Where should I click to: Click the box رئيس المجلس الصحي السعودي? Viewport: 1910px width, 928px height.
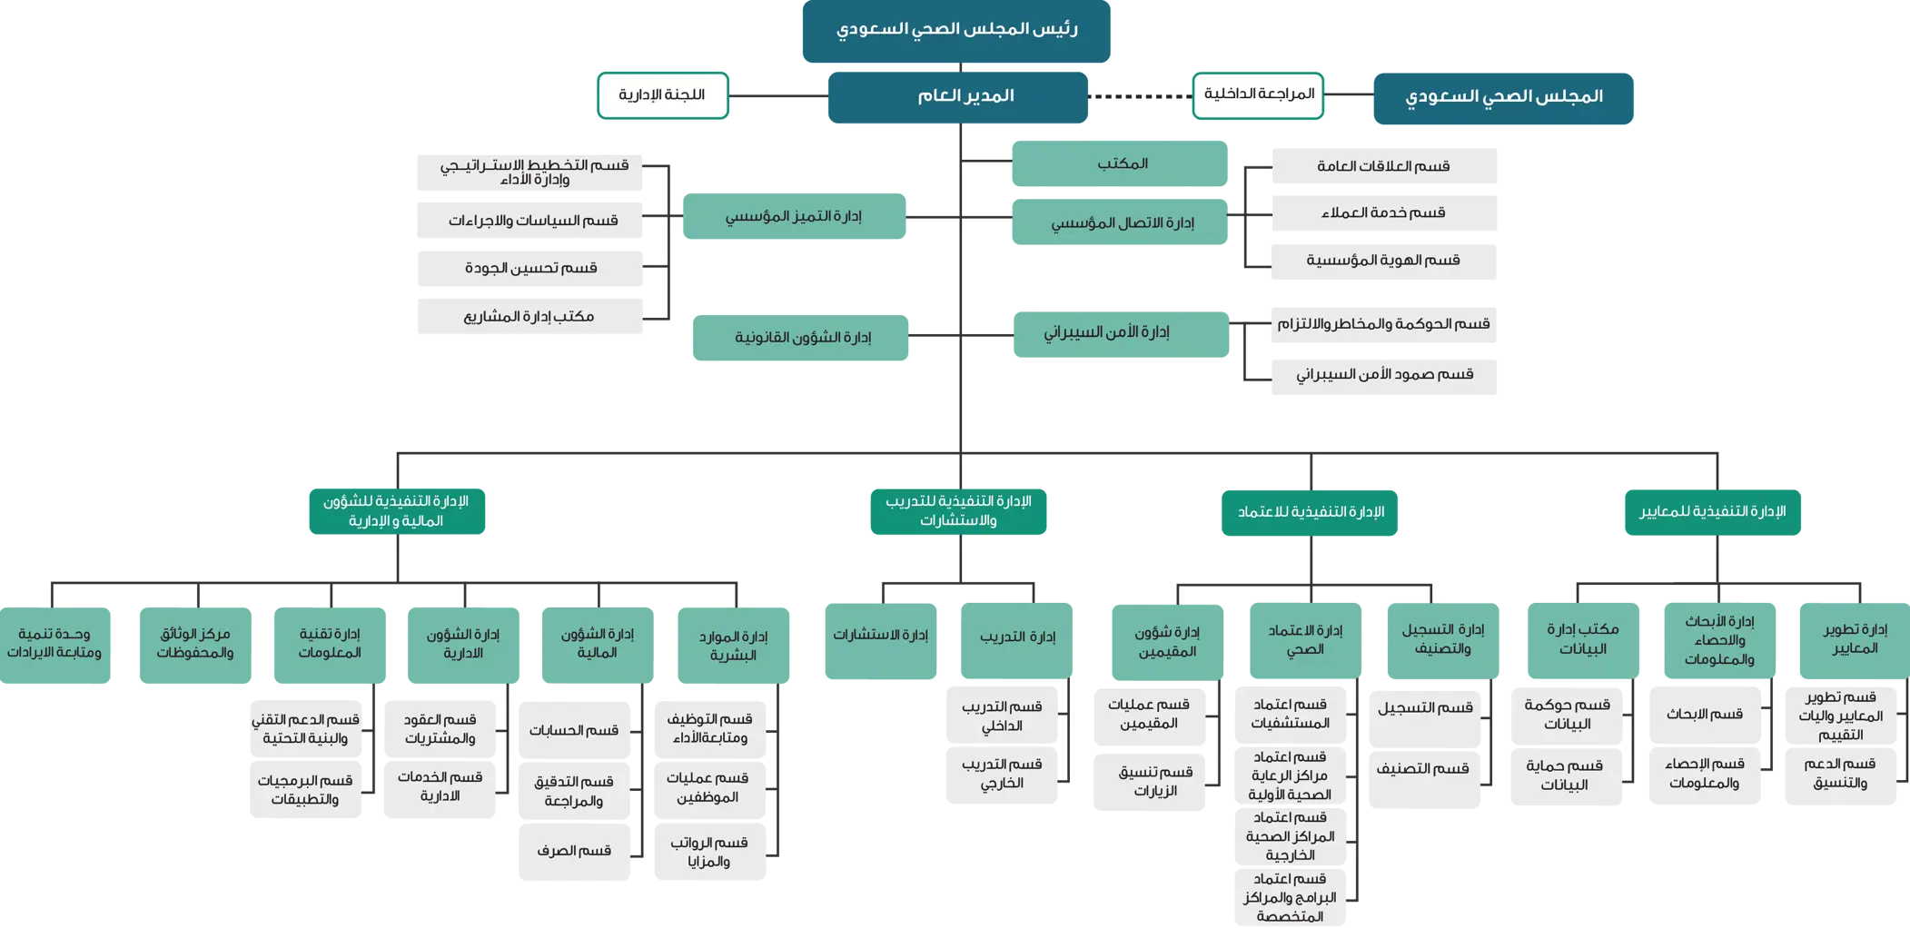click(955, 31)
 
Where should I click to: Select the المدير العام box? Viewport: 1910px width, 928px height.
click(957, 96)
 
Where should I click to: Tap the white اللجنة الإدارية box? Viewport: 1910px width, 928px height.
click(662, 95)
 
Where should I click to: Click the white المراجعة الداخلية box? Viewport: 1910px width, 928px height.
click(1258, 95)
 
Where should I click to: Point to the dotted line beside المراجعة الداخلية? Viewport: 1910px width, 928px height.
click(1140, 96)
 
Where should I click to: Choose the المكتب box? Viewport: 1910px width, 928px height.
click(1120, 163)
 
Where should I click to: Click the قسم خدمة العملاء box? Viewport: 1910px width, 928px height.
click(1383, 213)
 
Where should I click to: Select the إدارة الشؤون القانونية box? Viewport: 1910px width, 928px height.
click(800, 338)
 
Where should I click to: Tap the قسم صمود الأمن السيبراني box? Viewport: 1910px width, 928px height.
click(1383, 375)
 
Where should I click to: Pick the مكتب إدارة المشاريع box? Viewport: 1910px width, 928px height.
click(529, 317)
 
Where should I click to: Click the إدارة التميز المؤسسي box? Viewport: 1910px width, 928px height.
click(793, 216)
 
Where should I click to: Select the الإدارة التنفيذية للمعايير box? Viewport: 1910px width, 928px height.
click(1712, 512)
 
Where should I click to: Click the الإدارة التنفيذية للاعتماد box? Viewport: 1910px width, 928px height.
click(1309, 513)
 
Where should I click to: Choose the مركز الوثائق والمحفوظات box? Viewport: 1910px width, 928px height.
click(195, 645)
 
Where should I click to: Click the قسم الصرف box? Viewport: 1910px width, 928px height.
click(574, 852)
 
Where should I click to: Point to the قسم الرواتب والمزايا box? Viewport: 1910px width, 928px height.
click(709, 852)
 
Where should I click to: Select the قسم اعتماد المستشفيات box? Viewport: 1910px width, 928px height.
click(1290, 715)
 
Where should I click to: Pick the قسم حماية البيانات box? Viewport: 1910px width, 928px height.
click(1566, 775)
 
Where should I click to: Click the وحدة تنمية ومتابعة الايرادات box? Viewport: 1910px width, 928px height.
click(55, 645)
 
